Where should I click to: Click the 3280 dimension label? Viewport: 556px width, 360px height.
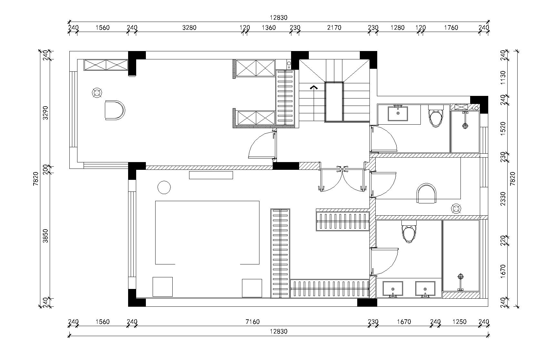[189, 28]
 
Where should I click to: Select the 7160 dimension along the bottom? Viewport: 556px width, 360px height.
[252, 322]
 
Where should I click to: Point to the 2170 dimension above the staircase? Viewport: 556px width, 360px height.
[334, 28]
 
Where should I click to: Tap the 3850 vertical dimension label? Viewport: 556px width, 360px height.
[45, 236]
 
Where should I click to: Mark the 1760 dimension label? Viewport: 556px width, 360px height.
[451, 28]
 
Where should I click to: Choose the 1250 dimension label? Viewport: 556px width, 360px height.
[460, 322]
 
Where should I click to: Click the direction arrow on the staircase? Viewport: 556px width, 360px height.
[314, 87]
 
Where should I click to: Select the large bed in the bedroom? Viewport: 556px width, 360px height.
[207, 232]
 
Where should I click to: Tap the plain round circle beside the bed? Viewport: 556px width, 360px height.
[164, 188]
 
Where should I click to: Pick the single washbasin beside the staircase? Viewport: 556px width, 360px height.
[398, 113]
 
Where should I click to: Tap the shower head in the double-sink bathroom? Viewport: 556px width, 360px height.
[460, 277]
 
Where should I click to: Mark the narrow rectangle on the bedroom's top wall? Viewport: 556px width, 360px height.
[211, 175]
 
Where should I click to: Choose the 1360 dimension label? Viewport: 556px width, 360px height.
[268, 28]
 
